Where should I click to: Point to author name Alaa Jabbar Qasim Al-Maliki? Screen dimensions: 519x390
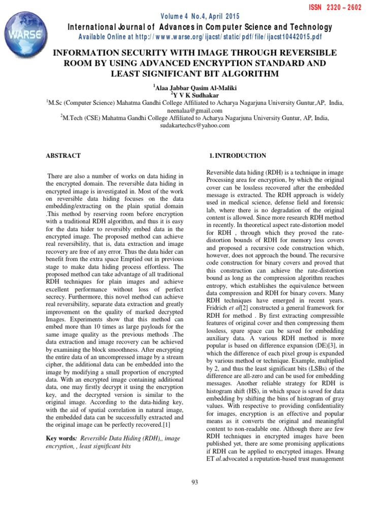coord(196,87)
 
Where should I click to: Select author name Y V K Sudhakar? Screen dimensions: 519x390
coord(196,95)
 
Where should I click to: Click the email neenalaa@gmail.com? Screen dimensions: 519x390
coord(195,110)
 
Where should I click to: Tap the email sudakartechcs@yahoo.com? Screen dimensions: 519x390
coord(195,126)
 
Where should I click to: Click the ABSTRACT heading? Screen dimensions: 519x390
coord(63,156)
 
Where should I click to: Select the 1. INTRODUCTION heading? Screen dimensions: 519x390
coord(237,156)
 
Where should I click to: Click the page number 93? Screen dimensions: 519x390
coord(195,482)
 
